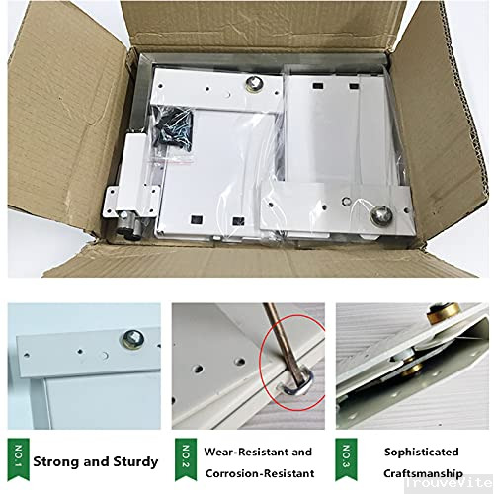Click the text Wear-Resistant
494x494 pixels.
tap(259, 452)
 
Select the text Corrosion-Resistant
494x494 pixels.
tap(259, 473)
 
